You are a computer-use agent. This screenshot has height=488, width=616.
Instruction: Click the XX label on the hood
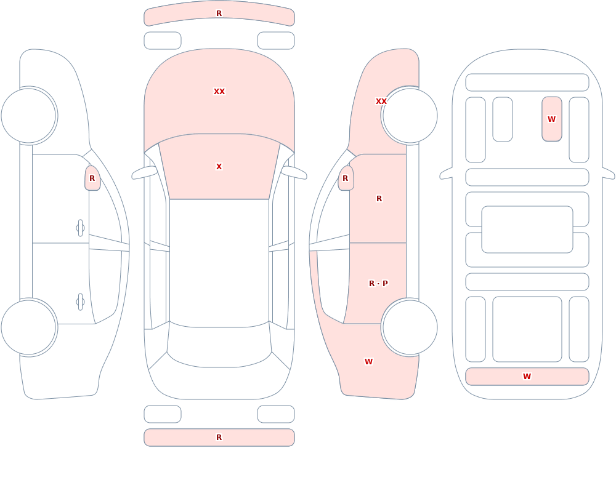[219, 92]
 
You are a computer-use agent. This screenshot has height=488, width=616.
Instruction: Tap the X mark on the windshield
[219, 167]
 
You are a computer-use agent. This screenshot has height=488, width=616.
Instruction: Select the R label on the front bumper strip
[219, 14]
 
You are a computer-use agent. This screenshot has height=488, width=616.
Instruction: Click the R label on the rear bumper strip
[219, 438]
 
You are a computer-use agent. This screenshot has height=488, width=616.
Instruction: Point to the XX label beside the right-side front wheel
[381, 102]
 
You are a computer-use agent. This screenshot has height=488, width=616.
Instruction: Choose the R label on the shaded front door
[379, 199]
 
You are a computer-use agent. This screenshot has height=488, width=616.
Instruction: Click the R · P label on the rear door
[378, 284]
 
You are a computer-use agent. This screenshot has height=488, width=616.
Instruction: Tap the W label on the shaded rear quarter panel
[368, 362]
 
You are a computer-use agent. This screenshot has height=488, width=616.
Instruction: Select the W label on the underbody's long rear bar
[527, 376]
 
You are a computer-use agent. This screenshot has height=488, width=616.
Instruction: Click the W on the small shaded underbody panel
[551, 119]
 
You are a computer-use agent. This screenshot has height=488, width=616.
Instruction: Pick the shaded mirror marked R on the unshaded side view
[92, 178]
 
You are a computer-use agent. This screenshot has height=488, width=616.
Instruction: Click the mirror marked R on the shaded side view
[346, 178]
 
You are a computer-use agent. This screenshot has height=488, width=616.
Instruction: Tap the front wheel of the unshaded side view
[29, 116]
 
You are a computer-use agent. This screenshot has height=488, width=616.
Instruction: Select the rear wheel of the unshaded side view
[29, 327]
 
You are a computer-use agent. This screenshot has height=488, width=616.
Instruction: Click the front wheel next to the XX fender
[410, 116]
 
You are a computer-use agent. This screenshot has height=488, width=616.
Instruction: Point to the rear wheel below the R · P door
[410, 327]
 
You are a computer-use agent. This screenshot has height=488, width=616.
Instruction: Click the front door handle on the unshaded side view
[80, 228]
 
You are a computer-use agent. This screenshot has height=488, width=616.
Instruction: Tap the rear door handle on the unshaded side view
[80, 302]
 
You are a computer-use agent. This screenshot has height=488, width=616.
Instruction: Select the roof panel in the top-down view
[219, 262]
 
